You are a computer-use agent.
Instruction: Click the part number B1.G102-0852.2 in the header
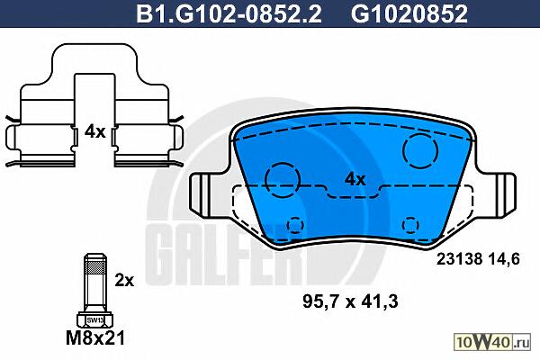[229, 13]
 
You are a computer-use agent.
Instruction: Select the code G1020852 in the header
[409, 13]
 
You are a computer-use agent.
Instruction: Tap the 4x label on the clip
[95, 131]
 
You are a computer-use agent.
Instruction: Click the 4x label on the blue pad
[355, 179]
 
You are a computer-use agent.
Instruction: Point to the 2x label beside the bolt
[124, 281]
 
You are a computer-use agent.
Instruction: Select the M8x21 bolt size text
[95, 338]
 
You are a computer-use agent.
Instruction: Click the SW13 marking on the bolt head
[95, 320]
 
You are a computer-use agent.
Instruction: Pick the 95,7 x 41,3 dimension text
[350, 301]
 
